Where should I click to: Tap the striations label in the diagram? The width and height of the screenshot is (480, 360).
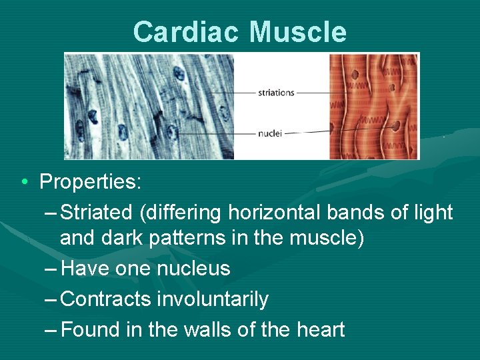click(276, 93)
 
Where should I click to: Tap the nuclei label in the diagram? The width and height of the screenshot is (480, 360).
click(270, 133)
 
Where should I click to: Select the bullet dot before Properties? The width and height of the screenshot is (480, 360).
click(24, 182)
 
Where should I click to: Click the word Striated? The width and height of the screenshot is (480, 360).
click(97, 213)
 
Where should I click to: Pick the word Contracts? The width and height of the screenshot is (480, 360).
click(105, 299)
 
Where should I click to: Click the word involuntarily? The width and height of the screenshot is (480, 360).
click(213, 299)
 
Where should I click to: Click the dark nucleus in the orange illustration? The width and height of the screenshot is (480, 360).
click(396, 125)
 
